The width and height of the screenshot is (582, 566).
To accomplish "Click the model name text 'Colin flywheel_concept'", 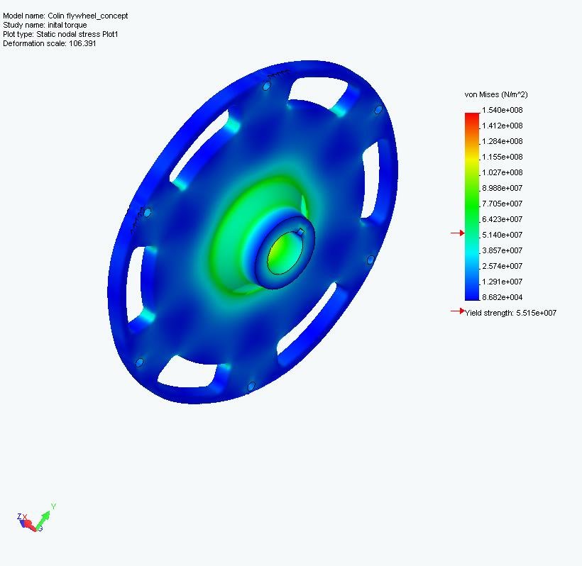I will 88,16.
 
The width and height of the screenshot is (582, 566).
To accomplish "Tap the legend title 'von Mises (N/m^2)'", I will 496,94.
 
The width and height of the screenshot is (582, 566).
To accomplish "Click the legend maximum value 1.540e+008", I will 502,110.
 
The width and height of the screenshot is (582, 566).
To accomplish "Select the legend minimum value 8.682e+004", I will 502,297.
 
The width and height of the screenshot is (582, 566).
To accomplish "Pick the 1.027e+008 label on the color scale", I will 502,172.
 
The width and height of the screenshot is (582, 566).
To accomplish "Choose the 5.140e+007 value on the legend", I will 502,235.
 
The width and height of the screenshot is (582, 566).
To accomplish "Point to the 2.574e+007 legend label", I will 502,266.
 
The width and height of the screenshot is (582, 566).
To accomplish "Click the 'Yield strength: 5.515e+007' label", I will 510,313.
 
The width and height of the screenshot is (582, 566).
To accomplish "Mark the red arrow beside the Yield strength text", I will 457,311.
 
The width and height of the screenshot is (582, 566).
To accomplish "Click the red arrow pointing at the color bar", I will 457,233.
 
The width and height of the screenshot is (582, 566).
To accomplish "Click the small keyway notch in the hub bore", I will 301,231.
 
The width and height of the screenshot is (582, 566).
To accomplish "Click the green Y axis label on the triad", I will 53,506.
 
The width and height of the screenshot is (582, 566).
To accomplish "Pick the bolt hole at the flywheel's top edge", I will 266,86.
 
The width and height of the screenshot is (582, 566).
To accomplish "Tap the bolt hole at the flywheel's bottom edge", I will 251,387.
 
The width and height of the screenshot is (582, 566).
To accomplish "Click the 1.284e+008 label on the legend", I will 502,141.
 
